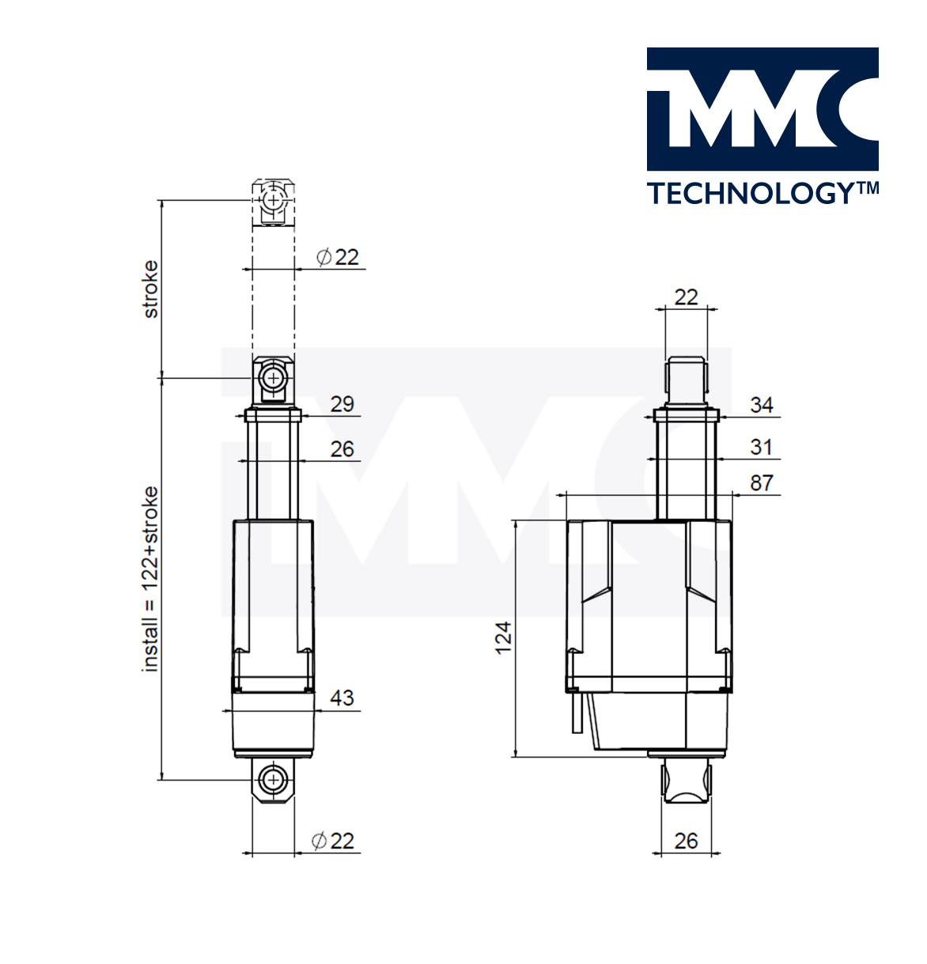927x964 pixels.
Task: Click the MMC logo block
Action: pos(762,109)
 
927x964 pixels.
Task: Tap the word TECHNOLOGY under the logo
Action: pos(751,194)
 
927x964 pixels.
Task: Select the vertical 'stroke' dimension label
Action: pos(149,289)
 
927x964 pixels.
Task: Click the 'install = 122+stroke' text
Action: pos(149,579)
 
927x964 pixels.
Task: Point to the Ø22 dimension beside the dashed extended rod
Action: pos(338,257)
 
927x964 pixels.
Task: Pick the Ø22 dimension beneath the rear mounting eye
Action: pos(332,841)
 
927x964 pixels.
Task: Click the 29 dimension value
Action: pos(342,404)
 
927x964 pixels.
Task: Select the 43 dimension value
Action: pos(342,698)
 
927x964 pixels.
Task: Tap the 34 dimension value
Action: pos(761,405)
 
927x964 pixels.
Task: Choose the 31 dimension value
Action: pos(761,447)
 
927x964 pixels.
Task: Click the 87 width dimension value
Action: pos(761,483)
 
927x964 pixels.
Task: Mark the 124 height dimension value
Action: pos(503,638)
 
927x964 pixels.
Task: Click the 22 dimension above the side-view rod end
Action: pos(686,297)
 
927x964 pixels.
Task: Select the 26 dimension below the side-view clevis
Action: pos(686,841)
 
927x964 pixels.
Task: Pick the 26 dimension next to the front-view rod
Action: pos(342,449)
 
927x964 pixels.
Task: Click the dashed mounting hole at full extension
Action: pos(273,200)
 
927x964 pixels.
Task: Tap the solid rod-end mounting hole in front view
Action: pos(273,378)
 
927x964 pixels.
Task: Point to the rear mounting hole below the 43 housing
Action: pos(273,780)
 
